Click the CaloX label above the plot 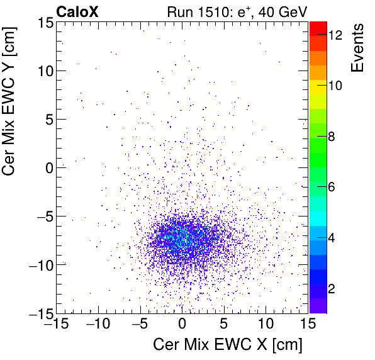pyautogui.click(x=77, y=11)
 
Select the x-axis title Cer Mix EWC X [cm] pyautogui.click(x=228, y=345)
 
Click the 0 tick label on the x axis pyautogui.click(x=182, y=325)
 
